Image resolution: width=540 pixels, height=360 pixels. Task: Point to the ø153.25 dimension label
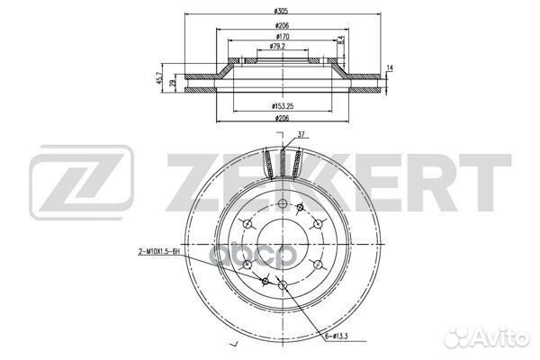tap(283, 106)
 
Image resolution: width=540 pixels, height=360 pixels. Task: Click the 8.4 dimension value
tap(340, 40)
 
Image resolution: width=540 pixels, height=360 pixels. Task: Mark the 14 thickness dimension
tap(391, 68)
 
